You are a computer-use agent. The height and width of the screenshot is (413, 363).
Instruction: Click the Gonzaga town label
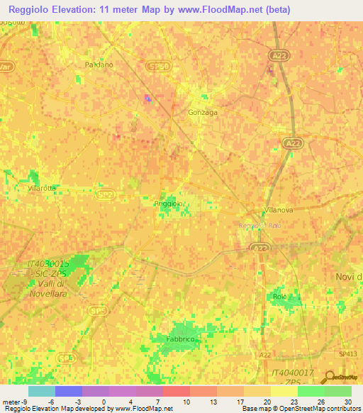[x=202, y=113]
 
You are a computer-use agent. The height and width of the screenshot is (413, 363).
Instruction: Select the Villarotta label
[x=43, y=189]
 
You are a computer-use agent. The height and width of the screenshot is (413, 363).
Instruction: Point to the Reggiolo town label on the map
[x=169, y=204]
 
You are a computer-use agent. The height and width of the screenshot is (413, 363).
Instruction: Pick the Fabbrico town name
[x=180, y=340]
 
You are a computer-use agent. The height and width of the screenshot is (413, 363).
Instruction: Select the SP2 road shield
[x=106, y=194]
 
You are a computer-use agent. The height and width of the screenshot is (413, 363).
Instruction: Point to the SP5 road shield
[x=96, y=311]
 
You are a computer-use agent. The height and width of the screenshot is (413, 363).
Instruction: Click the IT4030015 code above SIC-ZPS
[x=49, y=263]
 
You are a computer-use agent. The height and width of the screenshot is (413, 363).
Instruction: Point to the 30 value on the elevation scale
[x=347, y=402]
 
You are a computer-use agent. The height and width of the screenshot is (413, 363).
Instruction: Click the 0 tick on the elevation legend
[x=104, y=402]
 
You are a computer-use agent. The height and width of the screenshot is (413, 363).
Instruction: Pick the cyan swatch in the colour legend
[x=41, y=391]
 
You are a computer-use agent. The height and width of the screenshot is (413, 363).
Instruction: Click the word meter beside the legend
[x=11, y=402]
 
